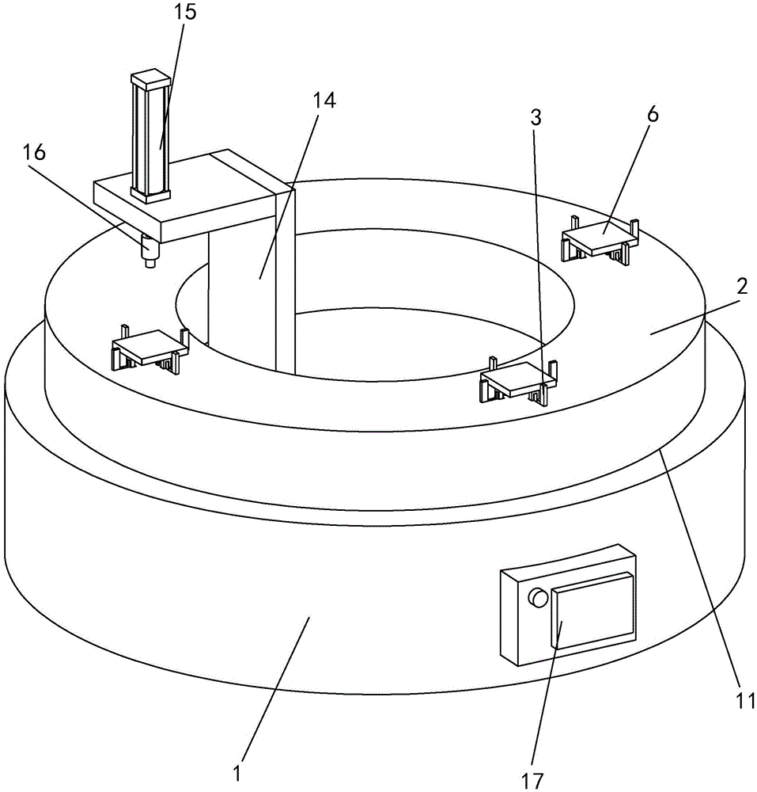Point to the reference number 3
click(x=536, y=119)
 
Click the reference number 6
click(x=652, y=113)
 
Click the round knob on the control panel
click(x=538, y=598)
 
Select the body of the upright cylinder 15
click(x=150, y=139)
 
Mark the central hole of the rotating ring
click(x=396, y=333)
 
